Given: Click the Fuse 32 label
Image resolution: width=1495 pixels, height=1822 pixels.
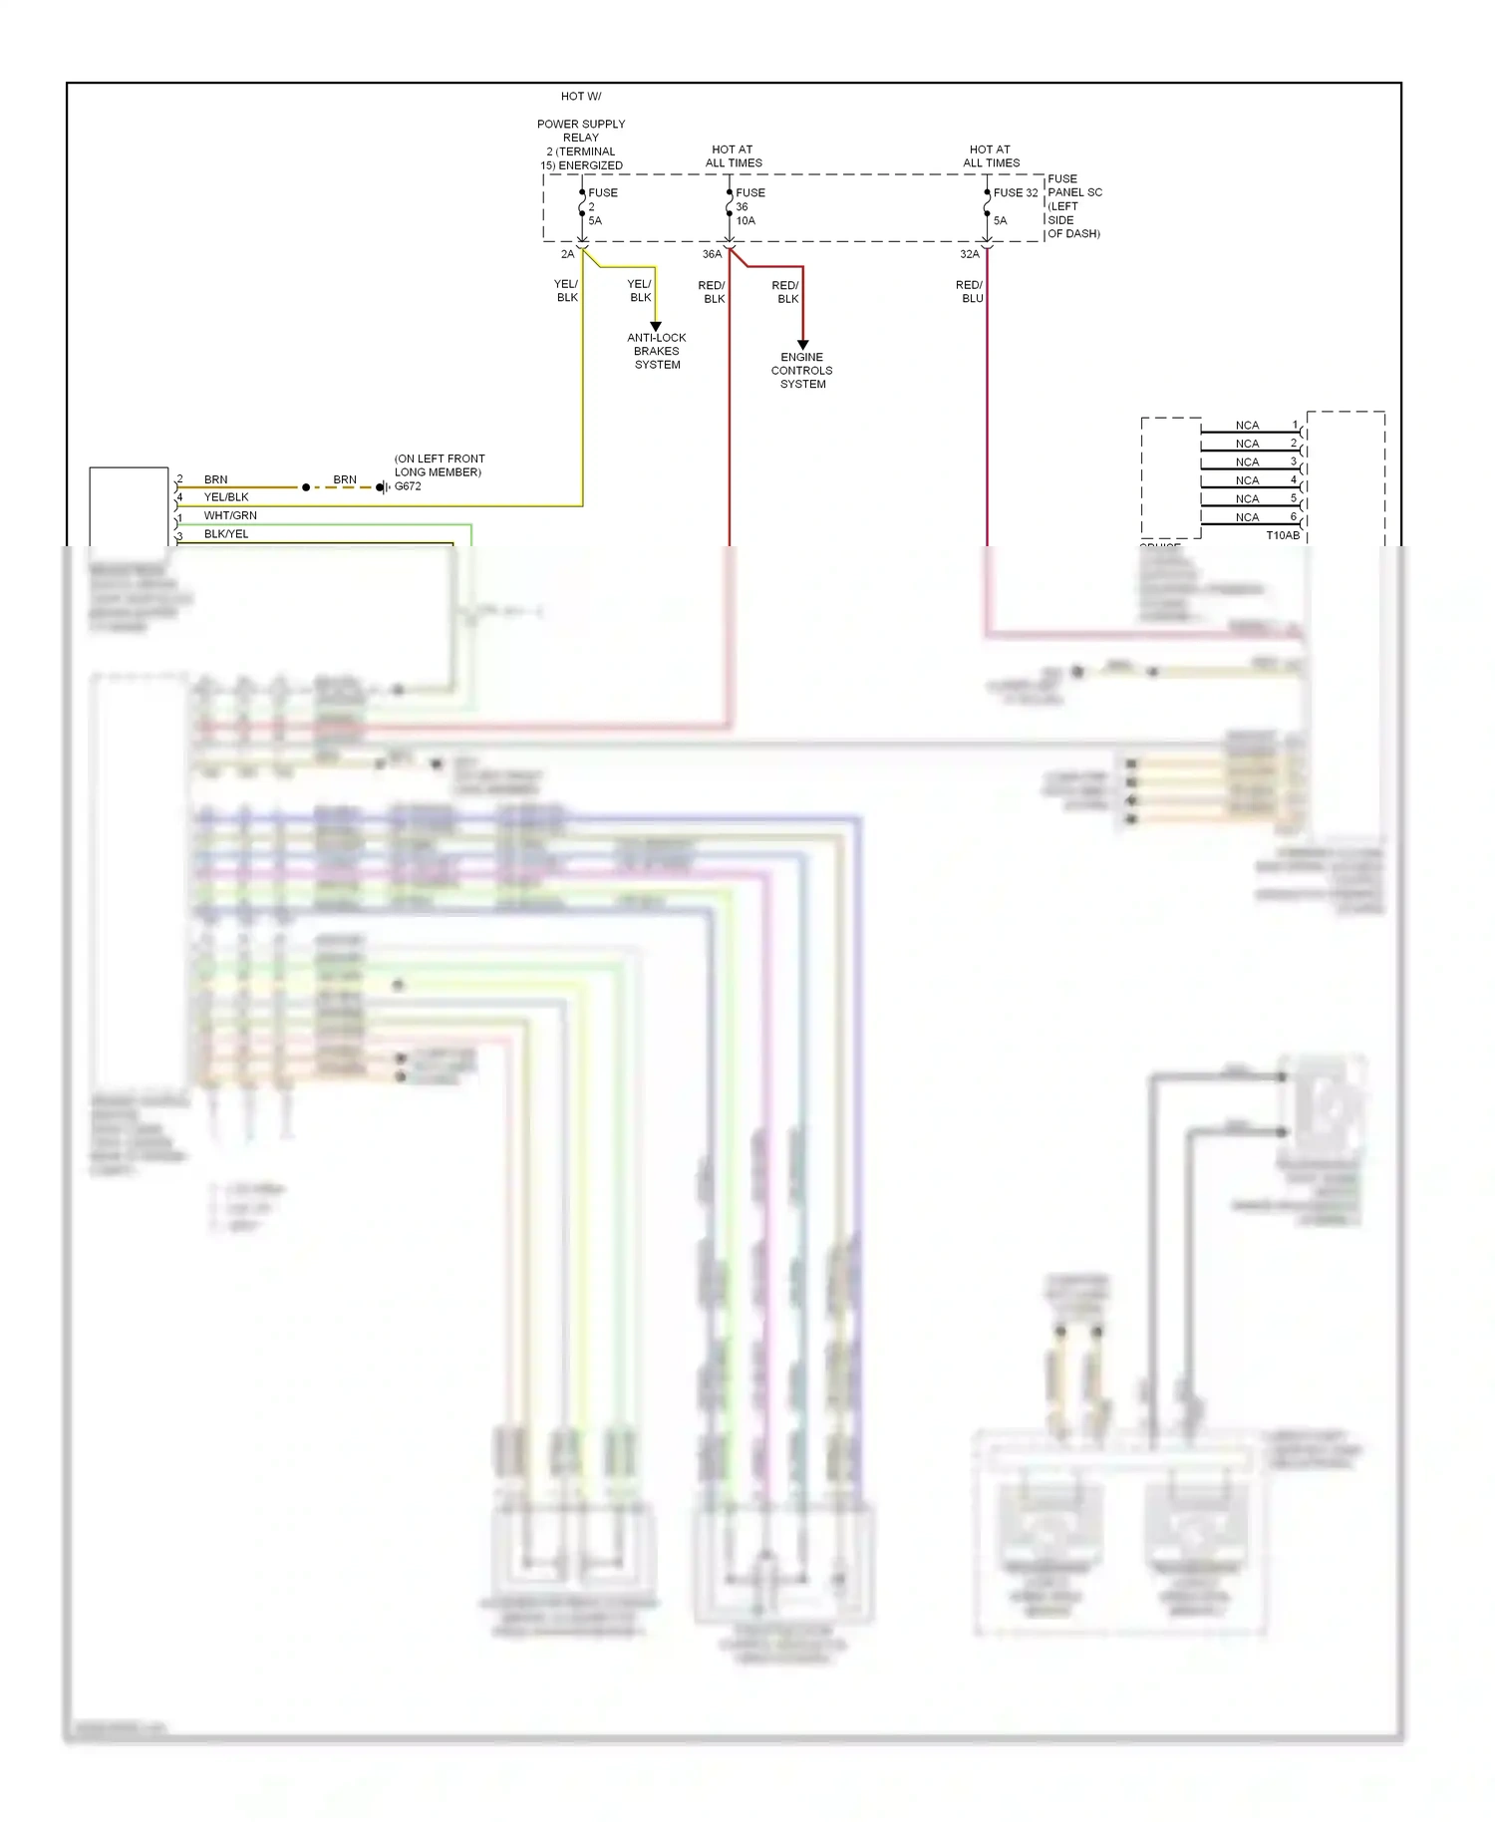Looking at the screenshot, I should [x=1015, y=192].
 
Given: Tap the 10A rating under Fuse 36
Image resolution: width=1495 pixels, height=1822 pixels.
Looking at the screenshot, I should [x=746, y=220].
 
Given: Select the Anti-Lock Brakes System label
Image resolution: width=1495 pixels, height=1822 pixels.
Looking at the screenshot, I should [x=657, y=351].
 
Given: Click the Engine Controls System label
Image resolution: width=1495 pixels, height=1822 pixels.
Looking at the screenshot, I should [x=801, y=370].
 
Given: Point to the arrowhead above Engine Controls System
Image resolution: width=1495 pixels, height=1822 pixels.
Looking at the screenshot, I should [x=802, y=345].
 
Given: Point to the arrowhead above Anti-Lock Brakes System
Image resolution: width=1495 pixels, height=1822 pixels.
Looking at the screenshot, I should [x=656, y=326].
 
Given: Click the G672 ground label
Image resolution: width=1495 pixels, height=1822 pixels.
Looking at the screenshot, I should [x=408, y=486].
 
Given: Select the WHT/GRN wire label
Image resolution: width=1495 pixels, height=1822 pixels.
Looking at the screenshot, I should [x=230, y=515].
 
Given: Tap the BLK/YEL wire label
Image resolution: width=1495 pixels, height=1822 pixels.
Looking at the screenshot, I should [x=226, y=534].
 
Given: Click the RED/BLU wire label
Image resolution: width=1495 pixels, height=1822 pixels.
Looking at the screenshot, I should [x=970, y=291].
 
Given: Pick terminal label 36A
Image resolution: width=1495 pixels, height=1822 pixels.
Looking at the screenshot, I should [x=712, y=254].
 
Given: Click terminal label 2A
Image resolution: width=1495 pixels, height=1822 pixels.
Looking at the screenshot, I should [x=567, y=254].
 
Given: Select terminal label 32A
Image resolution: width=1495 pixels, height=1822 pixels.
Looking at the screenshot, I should [x=969, y=254].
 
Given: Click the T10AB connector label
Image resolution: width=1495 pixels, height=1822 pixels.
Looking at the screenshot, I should [x=1283, y=535].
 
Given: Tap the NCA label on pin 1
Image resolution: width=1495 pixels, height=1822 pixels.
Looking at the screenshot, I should [x=1247, y=426].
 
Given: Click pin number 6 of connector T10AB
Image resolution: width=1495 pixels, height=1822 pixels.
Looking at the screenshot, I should [x=1294, y=516].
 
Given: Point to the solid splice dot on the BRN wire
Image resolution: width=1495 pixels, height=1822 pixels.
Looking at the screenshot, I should [x=306, y=487].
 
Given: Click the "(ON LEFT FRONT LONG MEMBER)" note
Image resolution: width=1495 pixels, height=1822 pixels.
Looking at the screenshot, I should [x=440, y=465].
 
